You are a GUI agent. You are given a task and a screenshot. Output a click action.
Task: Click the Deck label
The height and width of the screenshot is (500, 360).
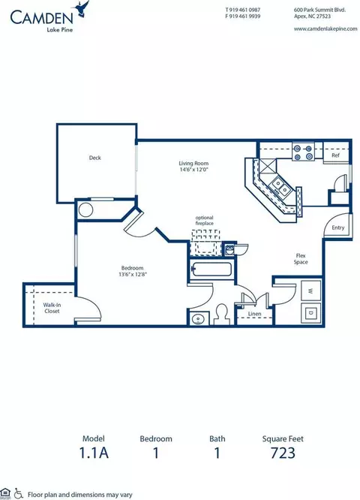tap(94, 158)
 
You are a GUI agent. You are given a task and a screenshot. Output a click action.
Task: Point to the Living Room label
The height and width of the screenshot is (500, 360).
tap(193, 163)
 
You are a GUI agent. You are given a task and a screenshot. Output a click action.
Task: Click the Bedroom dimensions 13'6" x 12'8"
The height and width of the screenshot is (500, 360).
tap(132, 275)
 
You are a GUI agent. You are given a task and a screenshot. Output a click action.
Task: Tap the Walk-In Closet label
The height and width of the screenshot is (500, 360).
tap(52, 308)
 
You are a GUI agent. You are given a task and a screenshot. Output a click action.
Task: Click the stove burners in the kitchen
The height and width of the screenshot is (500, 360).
tap(304, 153)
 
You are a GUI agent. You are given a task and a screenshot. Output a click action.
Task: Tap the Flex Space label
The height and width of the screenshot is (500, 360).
tap(302, 258)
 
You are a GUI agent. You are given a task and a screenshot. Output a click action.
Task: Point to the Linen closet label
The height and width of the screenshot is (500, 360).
tap(255, 315)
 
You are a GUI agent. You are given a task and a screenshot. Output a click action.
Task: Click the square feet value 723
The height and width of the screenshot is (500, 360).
tap(283, 453)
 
